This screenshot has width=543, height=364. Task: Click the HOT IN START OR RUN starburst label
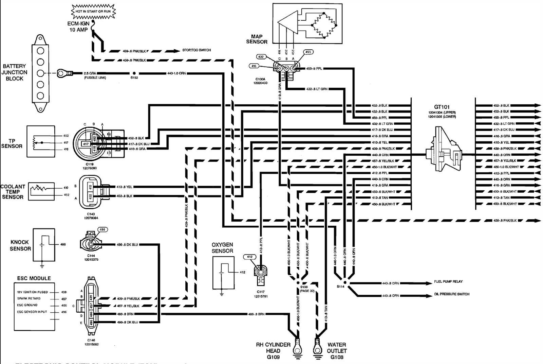[93, 12]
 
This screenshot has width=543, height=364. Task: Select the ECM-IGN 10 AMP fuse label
[78, 27]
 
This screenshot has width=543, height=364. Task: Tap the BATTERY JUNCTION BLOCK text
[14, 72]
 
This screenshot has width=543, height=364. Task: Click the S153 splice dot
[134, 73]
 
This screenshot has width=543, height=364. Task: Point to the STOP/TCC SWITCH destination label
[196, 50]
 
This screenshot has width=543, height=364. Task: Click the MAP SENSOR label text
[257, 39]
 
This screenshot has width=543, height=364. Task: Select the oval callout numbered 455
[308, 52]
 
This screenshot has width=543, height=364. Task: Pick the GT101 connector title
[442, 107]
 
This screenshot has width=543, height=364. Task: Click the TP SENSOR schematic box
[41, 141]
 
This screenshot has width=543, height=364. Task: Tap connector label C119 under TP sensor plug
[90, 164]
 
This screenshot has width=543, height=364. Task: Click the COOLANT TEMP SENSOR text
[13, 192]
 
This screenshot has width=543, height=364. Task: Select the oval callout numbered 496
[102, 229]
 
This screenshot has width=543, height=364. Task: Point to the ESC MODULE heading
[34, 278]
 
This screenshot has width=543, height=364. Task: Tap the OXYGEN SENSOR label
[222, 248]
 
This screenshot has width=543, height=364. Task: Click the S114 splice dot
[344, 282]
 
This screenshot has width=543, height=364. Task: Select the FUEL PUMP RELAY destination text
[448, 282]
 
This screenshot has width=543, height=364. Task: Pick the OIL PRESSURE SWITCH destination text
[451, 294]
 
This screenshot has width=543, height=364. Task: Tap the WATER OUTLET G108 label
[337, 351]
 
